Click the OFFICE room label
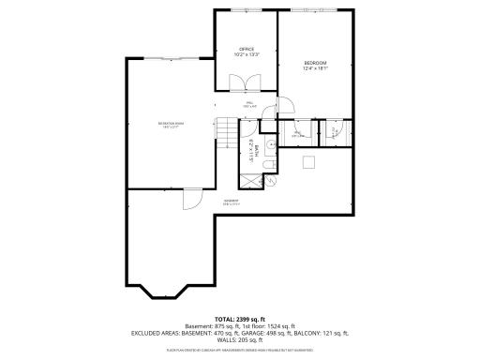coord(247,49)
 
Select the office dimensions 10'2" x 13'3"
coord(247,54)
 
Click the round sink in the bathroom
coord(269,143)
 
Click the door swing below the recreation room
coord(190,199)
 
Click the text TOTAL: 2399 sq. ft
coord(240,319)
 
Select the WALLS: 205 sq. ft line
coord(240,339)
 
